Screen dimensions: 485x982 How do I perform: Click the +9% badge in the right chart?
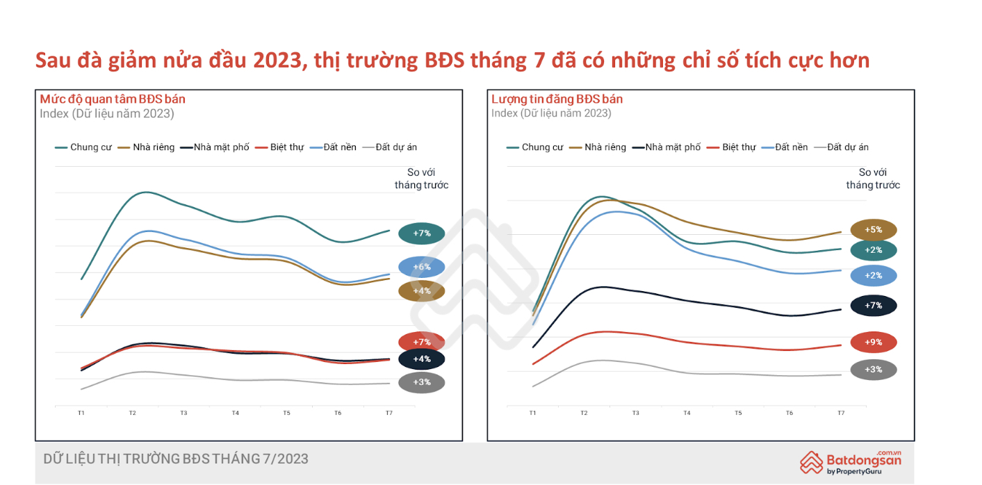874,343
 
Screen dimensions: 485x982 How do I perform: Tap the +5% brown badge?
874,230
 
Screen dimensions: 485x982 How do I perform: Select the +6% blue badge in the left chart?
422,267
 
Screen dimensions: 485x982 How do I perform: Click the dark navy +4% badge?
422,359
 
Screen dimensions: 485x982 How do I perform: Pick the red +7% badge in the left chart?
422,342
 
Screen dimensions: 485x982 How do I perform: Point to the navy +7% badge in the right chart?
874,305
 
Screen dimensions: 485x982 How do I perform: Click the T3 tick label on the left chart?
183,413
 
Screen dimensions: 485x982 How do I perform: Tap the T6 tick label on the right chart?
789,413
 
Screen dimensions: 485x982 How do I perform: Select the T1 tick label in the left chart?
81,413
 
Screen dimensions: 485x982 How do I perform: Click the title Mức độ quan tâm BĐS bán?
113,99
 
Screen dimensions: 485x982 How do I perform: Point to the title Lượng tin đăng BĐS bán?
557,99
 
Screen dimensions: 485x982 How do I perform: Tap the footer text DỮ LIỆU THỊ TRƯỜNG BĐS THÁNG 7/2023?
176,459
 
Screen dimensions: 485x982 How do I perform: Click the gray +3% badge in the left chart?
422,382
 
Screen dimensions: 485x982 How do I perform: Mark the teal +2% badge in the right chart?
874,250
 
